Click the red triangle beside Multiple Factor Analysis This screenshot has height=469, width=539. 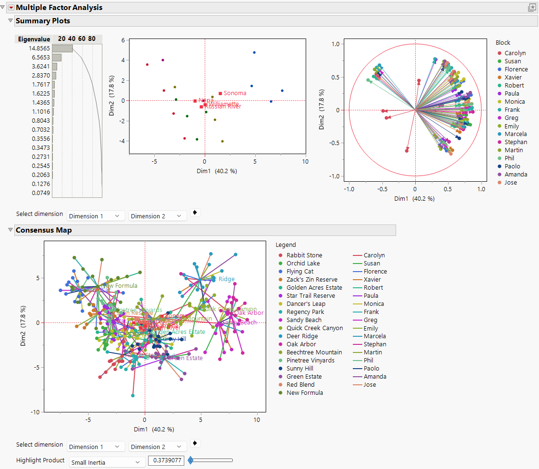tap(11, 8)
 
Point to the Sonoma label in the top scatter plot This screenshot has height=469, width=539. tap(235, 93)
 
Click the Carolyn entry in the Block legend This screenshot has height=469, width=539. tap(515, 53)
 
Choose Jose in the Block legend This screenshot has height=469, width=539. tap(510, 183)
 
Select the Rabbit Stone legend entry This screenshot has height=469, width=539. tap(304, 255)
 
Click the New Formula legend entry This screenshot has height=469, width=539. tap(304, 393)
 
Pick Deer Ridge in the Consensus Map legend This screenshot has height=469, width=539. tap(302, 336)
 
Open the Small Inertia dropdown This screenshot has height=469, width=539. tap(107, 462)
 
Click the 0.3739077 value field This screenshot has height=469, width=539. tap(166, 460)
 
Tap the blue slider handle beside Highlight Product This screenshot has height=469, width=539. tap(190, 460)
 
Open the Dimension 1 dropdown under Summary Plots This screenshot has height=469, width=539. tap(96, 216)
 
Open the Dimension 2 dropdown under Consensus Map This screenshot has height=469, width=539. tap(158, 447)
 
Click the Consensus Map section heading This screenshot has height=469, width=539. tap(44, 230)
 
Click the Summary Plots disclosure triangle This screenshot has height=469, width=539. tap(10, 21)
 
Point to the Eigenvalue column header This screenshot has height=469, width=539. tap(34, 39)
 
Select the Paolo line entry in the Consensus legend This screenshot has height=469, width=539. tap(371, 369)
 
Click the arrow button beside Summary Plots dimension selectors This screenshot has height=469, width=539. tap(195, 213)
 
